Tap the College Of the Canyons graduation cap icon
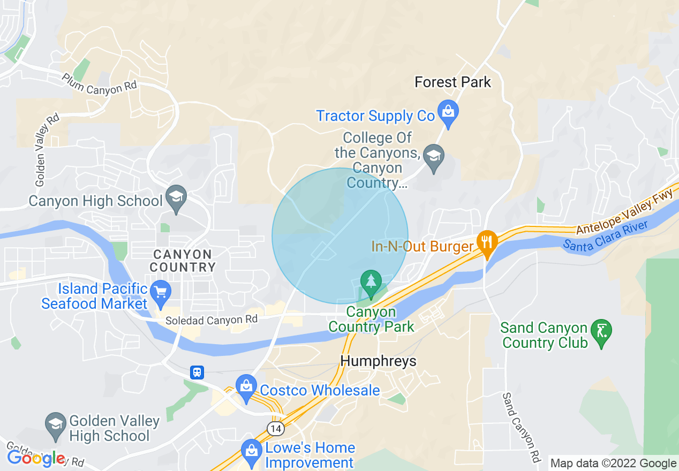[x=433, y=156]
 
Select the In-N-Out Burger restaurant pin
[x=486, y=241]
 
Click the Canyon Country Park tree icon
[x=371, y=281]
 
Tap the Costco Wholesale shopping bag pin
[x=246, y=386]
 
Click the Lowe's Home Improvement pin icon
[x=251, y=451]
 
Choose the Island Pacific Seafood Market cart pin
[x=160, y=293]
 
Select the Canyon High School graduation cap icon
[x=176, y=197]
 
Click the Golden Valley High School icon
[x=56, y=424]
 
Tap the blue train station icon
[x=197, y=372]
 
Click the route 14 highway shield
[x=275, y=429]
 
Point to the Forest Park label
[x=452, y=82]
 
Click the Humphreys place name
[x=379, y=361]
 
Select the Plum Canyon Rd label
[x=99, y=85]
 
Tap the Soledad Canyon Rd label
[x=211, y=320]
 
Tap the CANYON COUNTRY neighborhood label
[x=183, y=260]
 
